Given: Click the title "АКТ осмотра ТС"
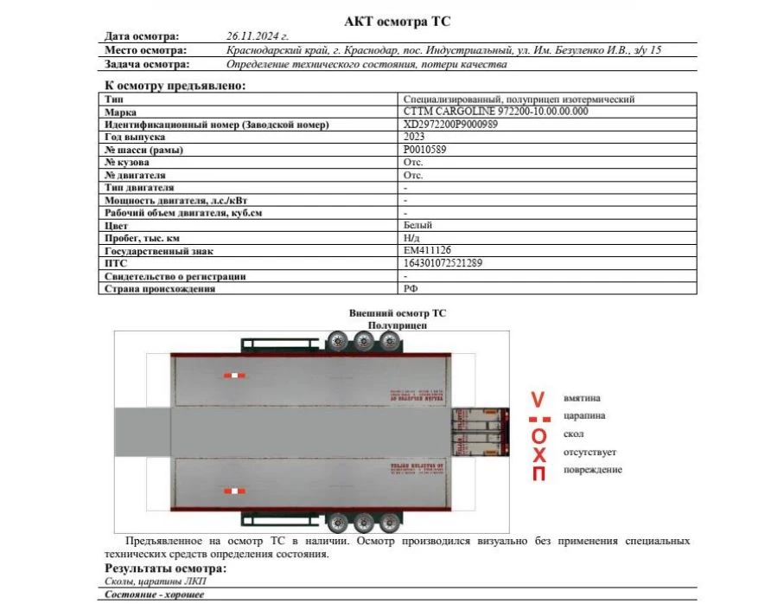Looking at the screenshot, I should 398,22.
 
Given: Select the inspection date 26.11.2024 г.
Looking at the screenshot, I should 257,36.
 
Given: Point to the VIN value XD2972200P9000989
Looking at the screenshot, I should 450,125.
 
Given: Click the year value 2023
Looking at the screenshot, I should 414,137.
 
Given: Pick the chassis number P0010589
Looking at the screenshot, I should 425,150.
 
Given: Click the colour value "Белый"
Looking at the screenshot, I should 417,225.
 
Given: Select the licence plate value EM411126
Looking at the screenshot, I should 427,250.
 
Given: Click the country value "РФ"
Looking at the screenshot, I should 411,288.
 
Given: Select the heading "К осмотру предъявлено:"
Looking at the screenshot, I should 175,85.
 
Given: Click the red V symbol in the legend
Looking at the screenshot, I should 538,400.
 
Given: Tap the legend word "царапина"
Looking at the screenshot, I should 584,415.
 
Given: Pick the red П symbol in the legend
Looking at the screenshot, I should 539,472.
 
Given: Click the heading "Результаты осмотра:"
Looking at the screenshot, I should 165,568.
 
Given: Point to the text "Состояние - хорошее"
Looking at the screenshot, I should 155,594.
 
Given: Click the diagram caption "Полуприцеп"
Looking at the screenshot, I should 398,324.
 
